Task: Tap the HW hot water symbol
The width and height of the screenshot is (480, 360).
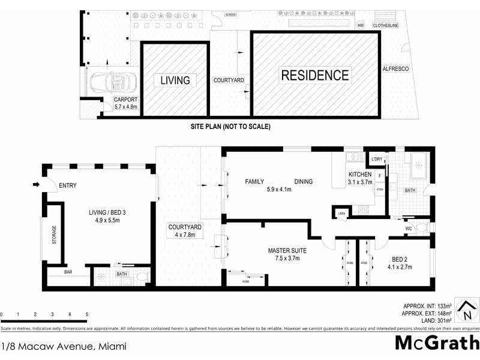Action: coord(361,25)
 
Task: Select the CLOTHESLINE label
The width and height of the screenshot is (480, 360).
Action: coord(386,26)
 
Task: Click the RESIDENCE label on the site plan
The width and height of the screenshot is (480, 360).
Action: coord(315,75)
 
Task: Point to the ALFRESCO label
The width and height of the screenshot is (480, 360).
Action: coord(396,70)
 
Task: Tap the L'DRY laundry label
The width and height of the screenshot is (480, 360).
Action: coord(377,159)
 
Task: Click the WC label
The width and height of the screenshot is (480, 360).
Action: coord(409,228)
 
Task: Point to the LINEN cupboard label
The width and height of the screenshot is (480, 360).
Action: coord(341,212)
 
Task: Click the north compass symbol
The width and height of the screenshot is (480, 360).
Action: coord(466,310)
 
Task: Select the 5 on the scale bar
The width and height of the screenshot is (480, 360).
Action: coord(87,314)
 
